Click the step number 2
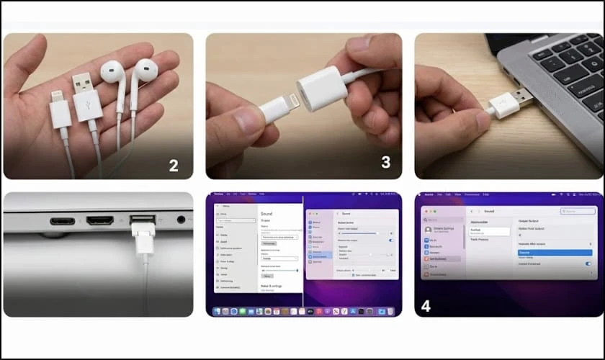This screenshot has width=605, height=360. click(x=174, y=165)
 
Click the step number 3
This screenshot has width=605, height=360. click(x=385, y=162)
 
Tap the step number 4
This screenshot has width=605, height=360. click(x=426, y=305)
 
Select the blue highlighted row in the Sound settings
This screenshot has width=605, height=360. click(x=555, y=253)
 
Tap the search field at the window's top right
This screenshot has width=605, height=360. click(x=578, y=211)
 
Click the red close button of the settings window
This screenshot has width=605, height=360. click(x=426, y=211)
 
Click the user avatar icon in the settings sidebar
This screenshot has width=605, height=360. click(x=428, y=230)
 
